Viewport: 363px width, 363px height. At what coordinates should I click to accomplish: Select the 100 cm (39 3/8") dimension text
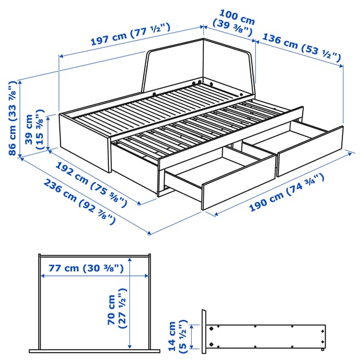pyautogui.click(x=233, y=18)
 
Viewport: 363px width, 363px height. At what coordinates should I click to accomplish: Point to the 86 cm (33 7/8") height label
pyautogui.click(x=13, y=117)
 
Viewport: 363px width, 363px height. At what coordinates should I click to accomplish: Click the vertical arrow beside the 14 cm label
pyautogui.click(x=192, y=335)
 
